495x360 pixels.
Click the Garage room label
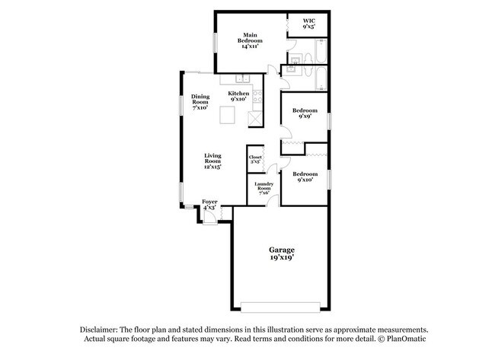pyautogui.click(x=281, y=254)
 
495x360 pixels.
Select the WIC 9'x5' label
pyautogui.click(x=308, y=24)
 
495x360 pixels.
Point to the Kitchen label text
pyautogui.click(x=238, y=96)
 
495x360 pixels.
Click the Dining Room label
pyautogui.click(x=200, y=102)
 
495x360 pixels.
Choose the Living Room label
pyautogui.click(x=212, y=161)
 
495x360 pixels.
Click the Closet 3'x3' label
pyautogui.click(x=255, y=160)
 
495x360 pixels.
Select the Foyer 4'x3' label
pyautogui.click(x=209, y=205)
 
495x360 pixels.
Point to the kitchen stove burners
pyautogui.click(x=257, y=96)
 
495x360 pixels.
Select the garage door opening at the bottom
pyautogui.click(x=281, y=307)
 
